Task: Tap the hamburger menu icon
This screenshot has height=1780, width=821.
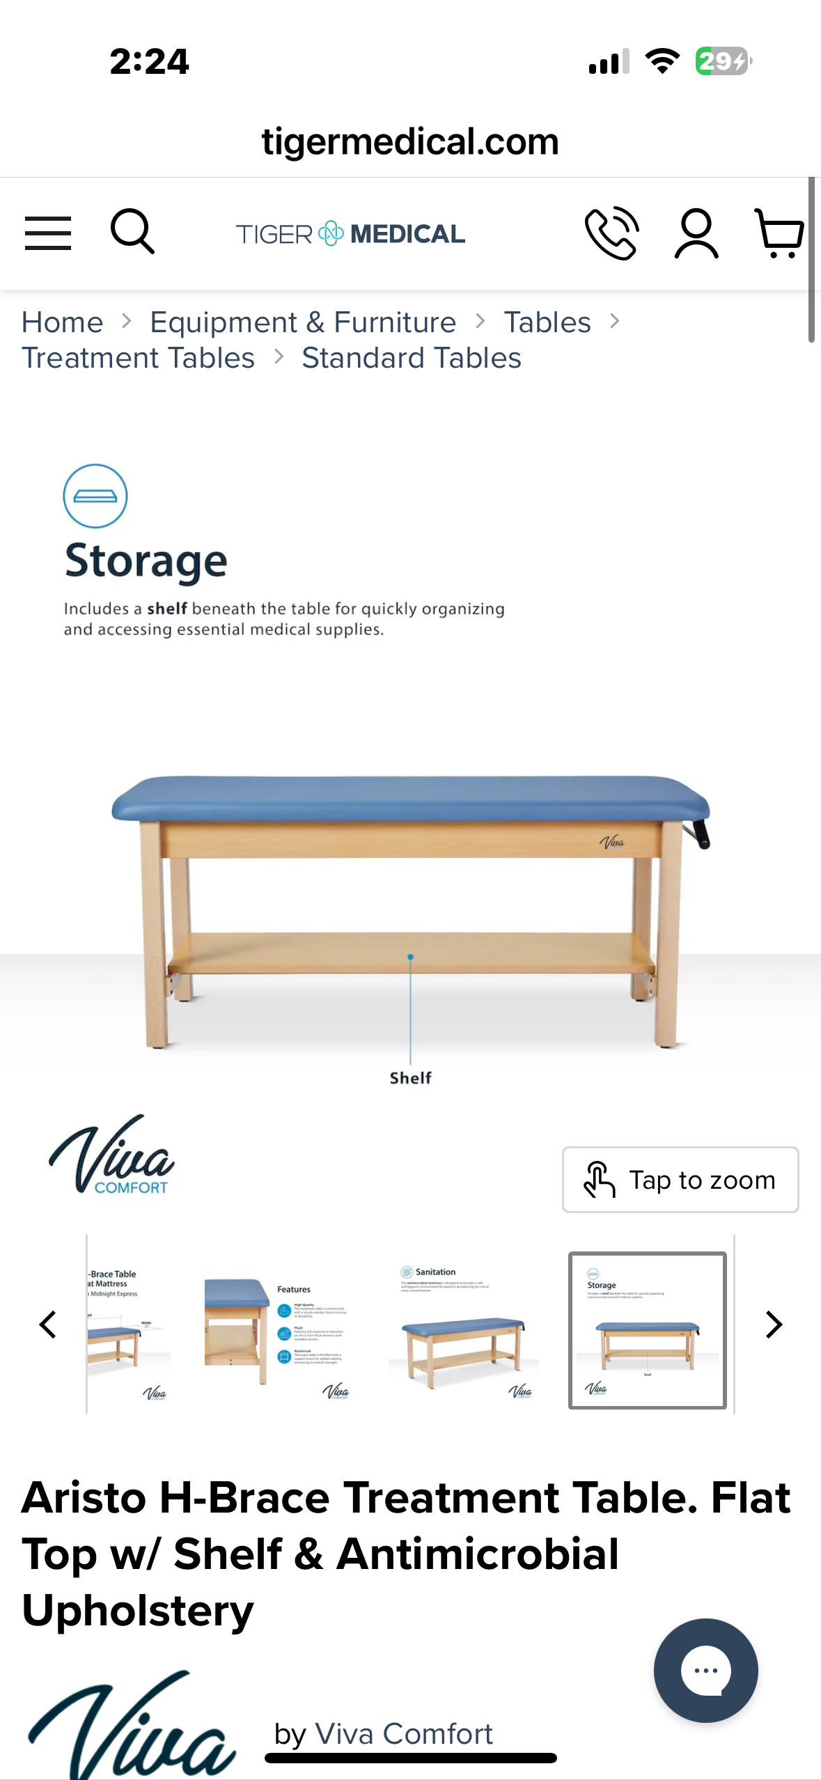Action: [x=47, y=233]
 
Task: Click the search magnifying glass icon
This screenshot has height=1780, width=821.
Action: [x=132, y=231]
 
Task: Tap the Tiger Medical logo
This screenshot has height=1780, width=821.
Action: [x=350, y=234]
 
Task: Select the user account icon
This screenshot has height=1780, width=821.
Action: [x=696, y=234]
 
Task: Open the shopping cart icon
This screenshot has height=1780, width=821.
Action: [x=779, y=233]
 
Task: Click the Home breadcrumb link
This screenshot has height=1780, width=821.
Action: [x=63, y=322]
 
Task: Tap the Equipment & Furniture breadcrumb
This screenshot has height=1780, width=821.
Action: [x=303, y=322]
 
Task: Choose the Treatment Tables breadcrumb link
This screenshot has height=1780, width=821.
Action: [x=139, y=358]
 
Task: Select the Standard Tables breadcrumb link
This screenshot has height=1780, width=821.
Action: [x=412, y=358]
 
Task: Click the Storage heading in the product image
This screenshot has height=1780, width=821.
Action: [x=146, y=561]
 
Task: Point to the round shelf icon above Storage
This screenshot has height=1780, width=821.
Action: [x=95, y=496]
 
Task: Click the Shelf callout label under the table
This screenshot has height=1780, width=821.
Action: [x=410, y=1078]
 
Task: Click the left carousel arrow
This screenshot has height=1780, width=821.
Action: [x=48, y=1325]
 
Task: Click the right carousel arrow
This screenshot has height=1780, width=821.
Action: [x=773, y=1325]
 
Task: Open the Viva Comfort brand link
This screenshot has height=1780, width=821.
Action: [x=404, y=1733]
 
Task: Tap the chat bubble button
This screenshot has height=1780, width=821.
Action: [x=705, y=1670]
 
